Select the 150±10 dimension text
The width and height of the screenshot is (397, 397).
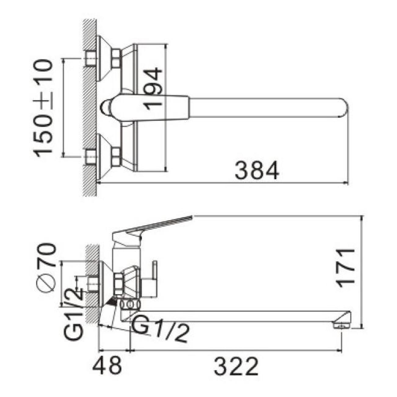pyautogui.click(x=43, y=108)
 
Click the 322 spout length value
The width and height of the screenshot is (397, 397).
pyautogui.click(x=236, y=366)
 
